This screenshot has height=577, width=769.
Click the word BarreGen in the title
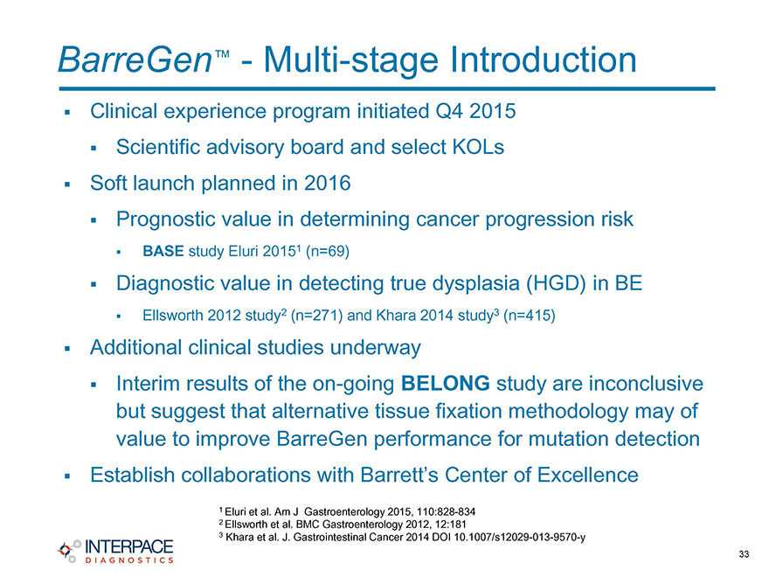[x=135, y=59]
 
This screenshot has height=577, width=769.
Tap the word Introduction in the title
[x=544, y=59]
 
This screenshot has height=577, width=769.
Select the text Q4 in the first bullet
[x=449, y=111]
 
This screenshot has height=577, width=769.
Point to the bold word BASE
[x=163, y=251]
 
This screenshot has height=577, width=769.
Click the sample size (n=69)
[x=328, y=251]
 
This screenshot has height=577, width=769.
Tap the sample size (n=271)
[x=317, y=315]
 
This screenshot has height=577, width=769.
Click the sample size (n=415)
[x=530, y=315]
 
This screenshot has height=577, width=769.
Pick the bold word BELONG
[x=446, y=383]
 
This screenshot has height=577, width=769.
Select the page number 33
[x=744, y=554]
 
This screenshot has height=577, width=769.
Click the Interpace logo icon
[x=69, y=551]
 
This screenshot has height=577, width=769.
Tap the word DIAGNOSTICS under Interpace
[x=129, y=560]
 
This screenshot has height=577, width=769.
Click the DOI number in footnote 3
[x=520, y=538]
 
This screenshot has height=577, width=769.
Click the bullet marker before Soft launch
[x=67, y=184]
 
